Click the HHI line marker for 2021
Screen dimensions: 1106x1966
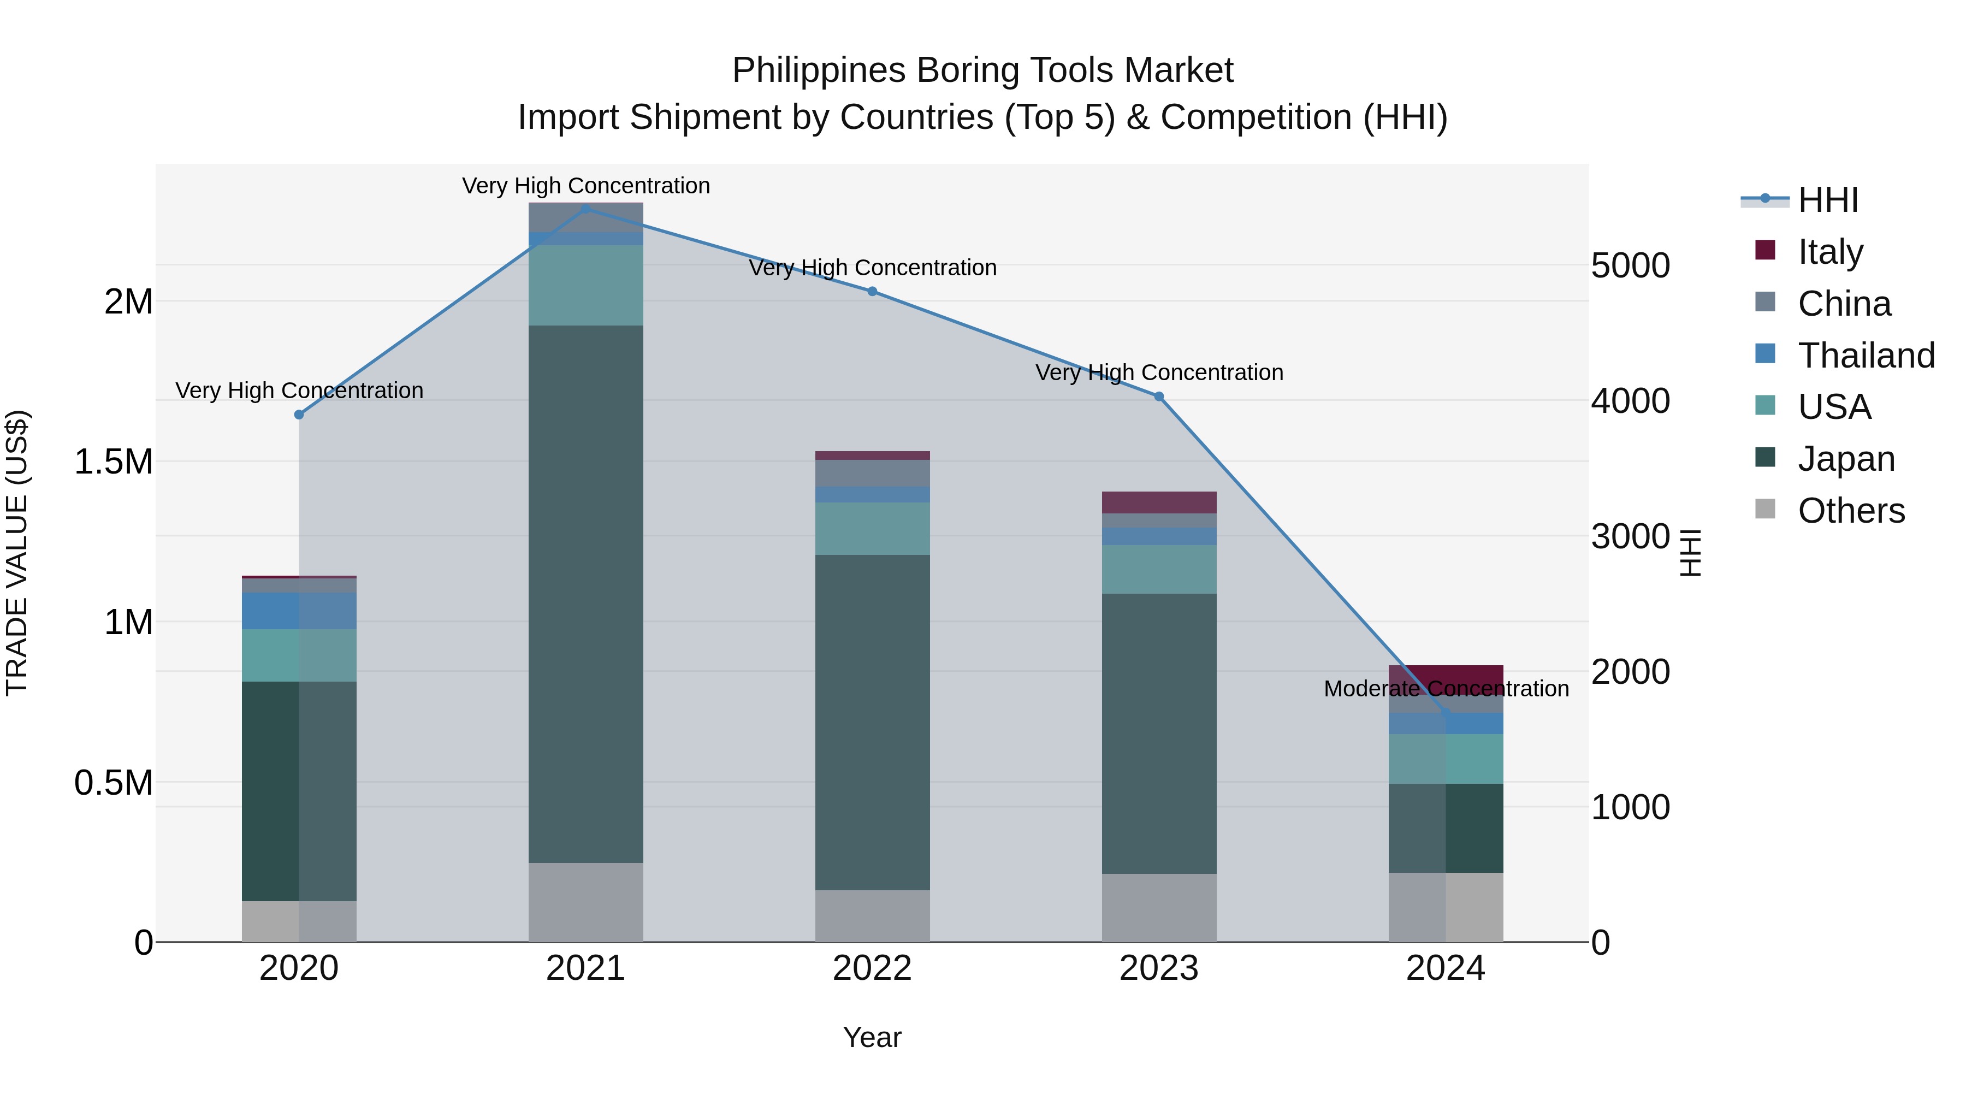coord(585,209)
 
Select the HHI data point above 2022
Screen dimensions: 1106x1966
coord(872,291)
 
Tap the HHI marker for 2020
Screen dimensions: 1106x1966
coord(299,415)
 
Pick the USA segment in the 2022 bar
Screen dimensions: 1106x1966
coord(872,528)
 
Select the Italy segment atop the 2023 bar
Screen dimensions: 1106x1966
coord(1158,502)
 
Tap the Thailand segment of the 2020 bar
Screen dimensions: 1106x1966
coord(299,611)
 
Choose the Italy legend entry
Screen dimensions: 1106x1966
coord(1830,251)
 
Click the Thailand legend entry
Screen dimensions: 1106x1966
coord(1866,355)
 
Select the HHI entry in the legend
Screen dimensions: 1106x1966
coord(1827,200)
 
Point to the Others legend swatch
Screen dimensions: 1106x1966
coord(1765,509)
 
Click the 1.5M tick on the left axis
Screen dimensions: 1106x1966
coord(114,462)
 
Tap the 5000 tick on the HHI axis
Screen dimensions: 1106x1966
coord(1630,265)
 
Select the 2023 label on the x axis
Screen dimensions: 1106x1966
coord(1158,968)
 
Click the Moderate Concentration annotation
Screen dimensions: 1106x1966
coord(1446,689)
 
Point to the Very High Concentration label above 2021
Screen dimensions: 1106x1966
coord(585,186)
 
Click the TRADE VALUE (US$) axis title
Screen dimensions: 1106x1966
coord(17,553)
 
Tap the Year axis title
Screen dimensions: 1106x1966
coord(872,1037)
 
